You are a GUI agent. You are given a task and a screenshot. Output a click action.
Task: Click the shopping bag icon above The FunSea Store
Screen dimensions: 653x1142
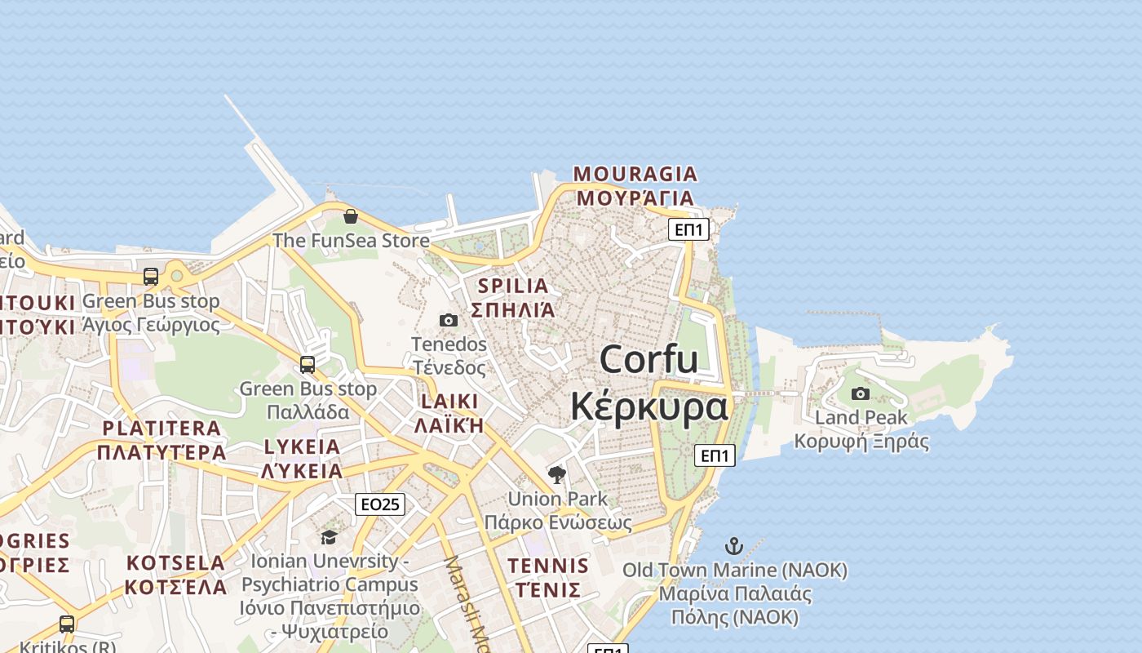(350, 216)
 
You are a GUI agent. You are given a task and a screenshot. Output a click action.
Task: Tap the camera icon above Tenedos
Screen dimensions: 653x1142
(449, 320)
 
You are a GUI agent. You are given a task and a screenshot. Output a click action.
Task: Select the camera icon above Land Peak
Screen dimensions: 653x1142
(860, 393)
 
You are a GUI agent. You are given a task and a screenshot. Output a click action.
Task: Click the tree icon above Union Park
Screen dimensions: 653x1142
(557, 474)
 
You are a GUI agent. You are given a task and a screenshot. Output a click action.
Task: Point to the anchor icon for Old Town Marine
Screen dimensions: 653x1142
(734, 546)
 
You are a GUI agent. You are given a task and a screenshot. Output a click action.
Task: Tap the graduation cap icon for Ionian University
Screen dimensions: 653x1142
(329, 536)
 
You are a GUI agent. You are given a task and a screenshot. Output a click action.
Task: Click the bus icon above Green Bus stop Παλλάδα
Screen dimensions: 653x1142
(308, 365)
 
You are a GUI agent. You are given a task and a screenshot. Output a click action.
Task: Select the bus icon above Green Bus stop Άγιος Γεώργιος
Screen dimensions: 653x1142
(151, 277)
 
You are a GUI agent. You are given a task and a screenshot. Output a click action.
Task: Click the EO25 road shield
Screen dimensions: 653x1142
(380, 504)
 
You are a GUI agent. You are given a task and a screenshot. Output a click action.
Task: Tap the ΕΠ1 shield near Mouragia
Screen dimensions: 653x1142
(688, 229)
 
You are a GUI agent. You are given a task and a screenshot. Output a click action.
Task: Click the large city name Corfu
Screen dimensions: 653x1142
(648, 360)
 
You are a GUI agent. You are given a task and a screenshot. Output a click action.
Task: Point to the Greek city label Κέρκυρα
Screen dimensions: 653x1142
(648, 406)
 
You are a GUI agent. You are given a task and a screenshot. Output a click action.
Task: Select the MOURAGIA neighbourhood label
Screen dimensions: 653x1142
(635, 174)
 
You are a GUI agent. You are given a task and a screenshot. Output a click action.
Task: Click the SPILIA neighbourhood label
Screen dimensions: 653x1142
(513, 286)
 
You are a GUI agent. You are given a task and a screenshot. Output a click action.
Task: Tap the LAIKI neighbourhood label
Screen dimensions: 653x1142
(449, 401)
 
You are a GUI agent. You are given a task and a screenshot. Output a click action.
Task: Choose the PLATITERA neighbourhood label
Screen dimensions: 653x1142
(162, 428)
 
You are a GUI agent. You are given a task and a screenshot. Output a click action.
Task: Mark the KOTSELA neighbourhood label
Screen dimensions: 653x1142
(175, 562)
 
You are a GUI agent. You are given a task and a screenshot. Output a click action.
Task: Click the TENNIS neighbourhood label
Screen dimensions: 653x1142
(548, 566)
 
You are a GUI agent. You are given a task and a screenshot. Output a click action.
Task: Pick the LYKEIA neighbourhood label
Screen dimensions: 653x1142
(302, 446)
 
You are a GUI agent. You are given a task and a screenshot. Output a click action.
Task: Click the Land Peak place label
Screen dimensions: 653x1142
(861, 418)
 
